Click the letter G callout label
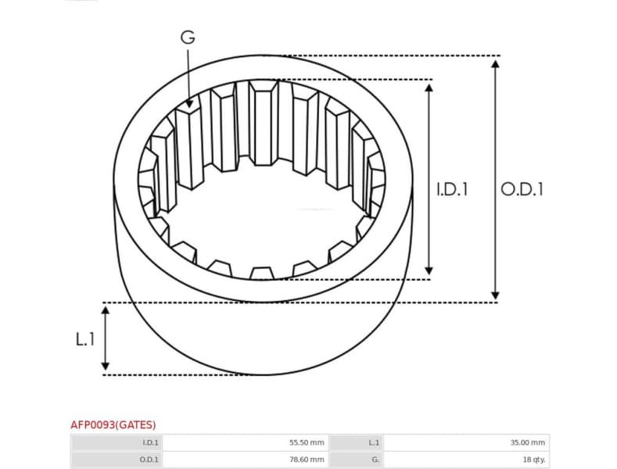click(188, 37)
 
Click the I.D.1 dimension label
click(451, 189)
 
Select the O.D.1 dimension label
click(522, 189)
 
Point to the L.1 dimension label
click(84, 339)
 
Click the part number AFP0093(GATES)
click(113, 424)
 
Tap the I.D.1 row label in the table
click(150, 442)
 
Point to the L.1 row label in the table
click(374, 442)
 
